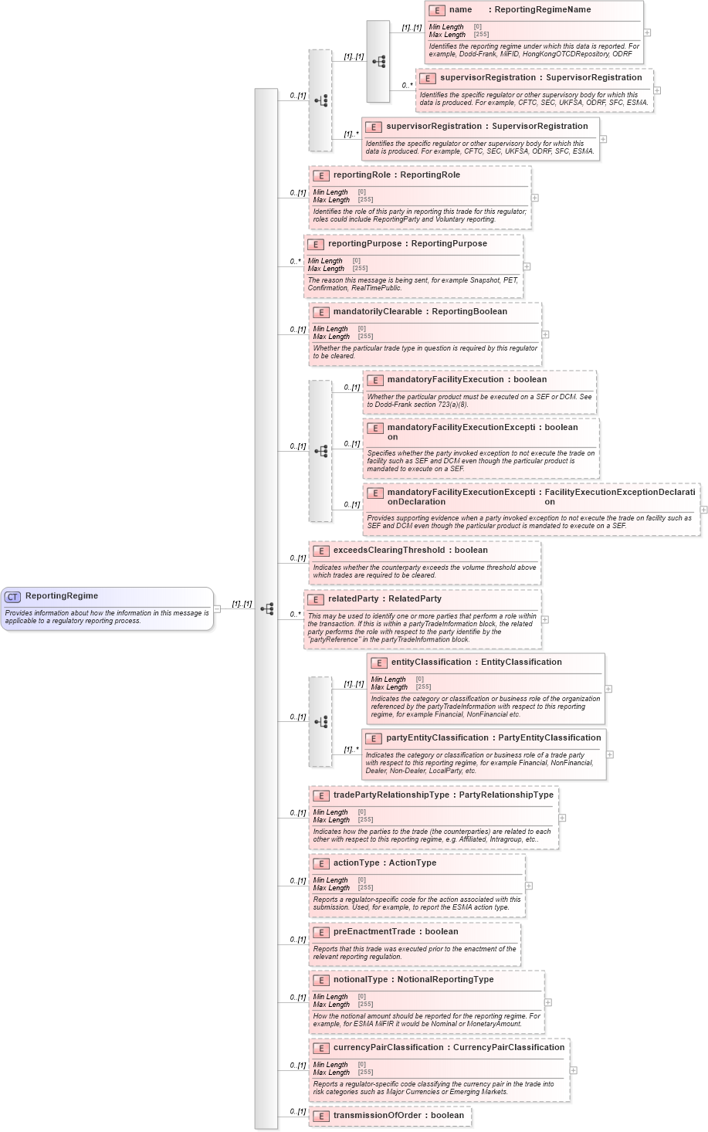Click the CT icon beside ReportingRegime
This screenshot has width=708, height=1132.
click(x=12, y=597)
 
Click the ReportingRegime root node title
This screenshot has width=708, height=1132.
click(x=62, y=596)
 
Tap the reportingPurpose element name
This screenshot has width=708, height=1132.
click(x=364, y=244)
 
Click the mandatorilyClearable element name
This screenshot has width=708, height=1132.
click(x=378, y=312)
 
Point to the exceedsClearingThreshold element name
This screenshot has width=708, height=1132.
click(x=388, y=551)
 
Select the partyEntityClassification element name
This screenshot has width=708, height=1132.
click(x=437, y=738)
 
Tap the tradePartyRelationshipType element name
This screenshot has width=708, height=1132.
click(x=391, y=795)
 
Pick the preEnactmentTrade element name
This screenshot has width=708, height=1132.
click(x=374, y=932)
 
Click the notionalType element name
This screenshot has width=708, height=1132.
click(x=360, y=980)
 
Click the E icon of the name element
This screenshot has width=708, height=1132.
click(x=437, y=11)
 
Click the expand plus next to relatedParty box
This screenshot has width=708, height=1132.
click(x=545, y=619)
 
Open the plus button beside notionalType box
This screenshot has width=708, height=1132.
click(x=548, y=1002)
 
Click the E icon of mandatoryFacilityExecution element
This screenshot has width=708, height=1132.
click(x=375, y=381)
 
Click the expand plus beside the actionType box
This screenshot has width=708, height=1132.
click(x=529, y=886)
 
